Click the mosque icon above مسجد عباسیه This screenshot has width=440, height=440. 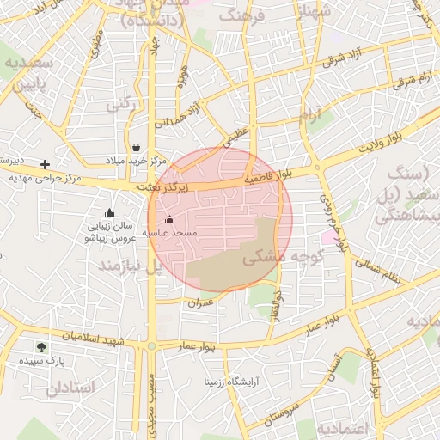tap(168, 220)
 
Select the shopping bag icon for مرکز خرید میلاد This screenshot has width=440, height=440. tap(137, 147)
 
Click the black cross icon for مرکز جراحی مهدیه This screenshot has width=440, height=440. tap(46, 163)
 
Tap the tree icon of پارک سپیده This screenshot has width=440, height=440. tap(41, 347)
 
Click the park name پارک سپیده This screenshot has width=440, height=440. tap(44, 362)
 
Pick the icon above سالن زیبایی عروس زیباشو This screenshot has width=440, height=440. tap(109, 212)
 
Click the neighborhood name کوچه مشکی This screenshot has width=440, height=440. tap(274, 257)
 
